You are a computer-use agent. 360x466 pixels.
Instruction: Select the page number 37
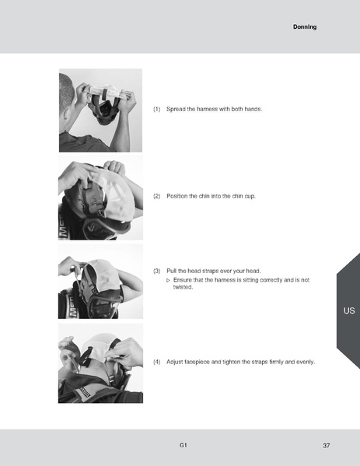(x=327, y=445)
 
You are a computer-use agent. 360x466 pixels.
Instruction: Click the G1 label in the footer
(x=183, y=445)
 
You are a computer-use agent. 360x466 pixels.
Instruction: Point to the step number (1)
(x=157, y=109)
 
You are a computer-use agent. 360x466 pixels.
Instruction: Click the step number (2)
(x=157, y=195)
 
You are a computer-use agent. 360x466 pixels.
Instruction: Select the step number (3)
(x=157, y=271)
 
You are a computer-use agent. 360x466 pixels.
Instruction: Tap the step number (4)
(x=157, y=362)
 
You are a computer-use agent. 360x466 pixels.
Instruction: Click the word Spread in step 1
(x=177, y=109)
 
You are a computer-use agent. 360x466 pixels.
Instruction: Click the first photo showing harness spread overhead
(x=100, y=110)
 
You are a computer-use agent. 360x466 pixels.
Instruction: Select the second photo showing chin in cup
(x=100, y=197)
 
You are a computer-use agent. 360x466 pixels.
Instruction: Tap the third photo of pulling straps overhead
(x=100, y=281)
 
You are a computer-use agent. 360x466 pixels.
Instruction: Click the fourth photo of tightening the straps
(x=100, y=363)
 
